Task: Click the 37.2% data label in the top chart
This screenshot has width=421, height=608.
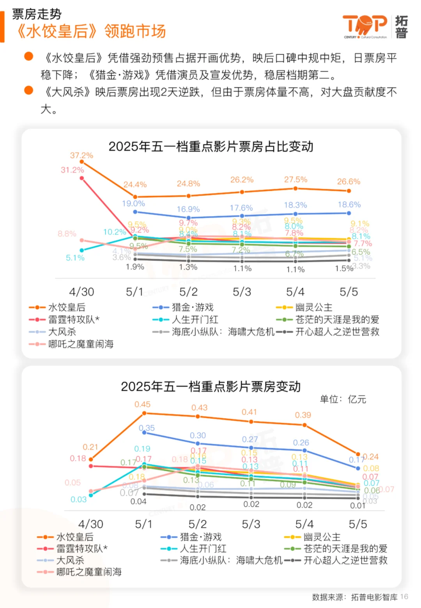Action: tap(81, 155)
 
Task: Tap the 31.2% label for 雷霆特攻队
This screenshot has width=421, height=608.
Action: tap(72, 170)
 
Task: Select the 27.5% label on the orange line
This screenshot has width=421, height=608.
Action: tap(295, 179)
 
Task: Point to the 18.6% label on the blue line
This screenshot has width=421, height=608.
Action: tap(349, 204)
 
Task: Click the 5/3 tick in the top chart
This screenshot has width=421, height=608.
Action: tap(242, 292)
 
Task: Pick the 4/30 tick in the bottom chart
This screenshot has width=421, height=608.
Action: tap(90, 524)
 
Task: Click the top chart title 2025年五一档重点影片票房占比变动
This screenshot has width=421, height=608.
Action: tap(210, 147)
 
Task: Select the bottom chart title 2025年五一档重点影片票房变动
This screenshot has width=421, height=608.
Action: tap(210, 386)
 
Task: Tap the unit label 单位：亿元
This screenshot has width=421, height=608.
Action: tap(343, 399)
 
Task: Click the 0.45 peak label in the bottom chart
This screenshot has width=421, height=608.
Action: tap(142, 404)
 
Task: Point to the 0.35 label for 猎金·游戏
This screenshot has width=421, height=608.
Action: tap(147, 428)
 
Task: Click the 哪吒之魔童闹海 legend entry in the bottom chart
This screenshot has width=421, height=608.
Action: tap(88, 572)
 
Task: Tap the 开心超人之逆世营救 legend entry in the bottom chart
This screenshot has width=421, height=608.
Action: tap(345, 560)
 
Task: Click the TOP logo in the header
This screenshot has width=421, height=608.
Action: tap(364, 26)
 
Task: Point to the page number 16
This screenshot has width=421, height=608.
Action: tap(404, 597)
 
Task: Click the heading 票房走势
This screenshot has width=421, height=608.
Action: tap(37, 14)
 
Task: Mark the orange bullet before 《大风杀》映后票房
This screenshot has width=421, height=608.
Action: tap(28, 90)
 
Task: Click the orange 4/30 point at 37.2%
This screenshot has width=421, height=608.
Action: tap(81, 161)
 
